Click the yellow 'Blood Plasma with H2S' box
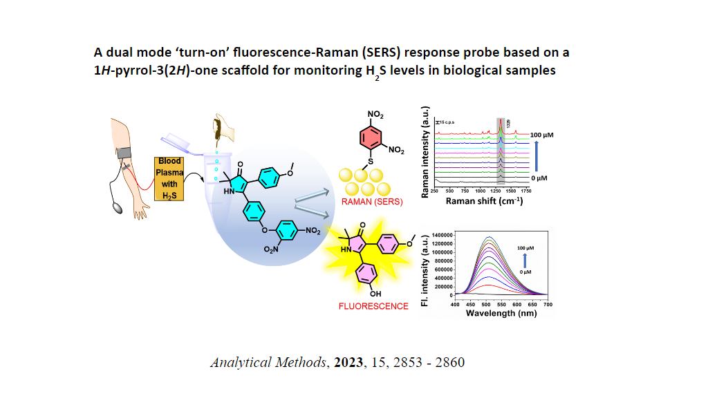coord(169,178)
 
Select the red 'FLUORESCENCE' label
coord(373,305)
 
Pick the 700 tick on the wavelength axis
coord(548,303)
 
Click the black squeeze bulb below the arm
coord(117,205)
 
